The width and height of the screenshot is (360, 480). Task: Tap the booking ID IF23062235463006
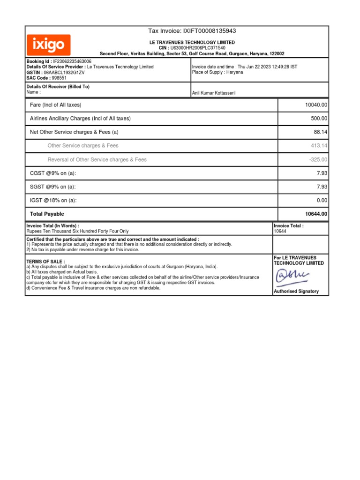pos(72,61)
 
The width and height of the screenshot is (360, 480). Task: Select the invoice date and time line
pos(244,67)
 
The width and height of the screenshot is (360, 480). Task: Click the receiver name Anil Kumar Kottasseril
pos(214,93)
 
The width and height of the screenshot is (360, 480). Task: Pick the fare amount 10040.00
pos(316,105)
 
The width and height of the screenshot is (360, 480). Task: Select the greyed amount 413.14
pos(319,146)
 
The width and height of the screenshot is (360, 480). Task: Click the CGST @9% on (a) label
pos(53,173)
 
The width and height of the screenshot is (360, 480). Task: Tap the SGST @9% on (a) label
pos(53,187)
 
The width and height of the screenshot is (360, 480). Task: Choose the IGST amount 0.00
pos(322,201)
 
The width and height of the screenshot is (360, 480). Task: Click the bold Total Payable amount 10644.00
pos(316,214)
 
